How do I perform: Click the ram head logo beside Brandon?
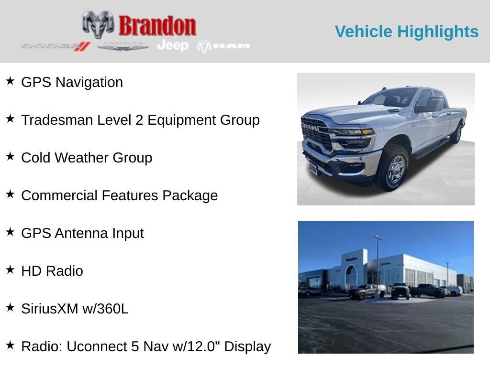98,24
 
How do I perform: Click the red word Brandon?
157,26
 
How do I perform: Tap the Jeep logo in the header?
173,45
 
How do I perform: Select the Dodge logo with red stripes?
56,46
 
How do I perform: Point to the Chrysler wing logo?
122,46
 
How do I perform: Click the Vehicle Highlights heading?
407,32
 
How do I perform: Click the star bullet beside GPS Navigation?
10,81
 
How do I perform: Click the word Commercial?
59,195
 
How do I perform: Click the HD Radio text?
52,271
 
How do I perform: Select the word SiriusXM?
50,309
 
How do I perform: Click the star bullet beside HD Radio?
10,270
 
